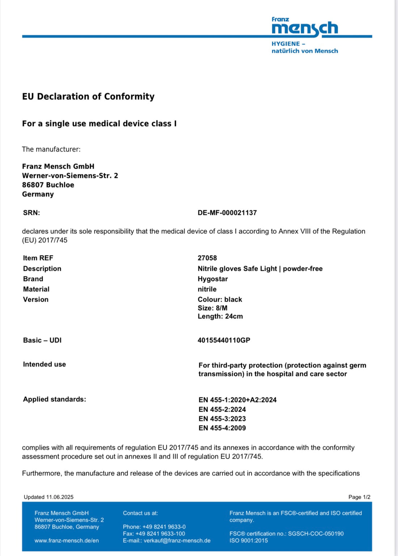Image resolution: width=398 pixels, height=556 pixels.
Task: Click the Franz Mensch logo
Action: (305, 27)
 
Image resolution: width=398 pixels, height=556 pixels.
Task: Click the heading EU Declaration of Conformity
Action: (88, 97)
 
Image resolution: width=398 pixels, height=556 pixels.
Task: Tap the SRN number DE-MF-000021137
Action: (227, 213)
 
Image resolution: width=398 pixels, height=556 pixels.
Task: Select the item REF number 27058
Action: (207, 258)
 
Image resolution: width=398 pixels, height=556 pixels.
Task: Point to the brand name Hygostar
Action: (213, 279)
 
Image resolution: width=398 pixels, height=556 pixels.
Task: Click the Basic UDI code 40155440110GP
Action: (224, 340)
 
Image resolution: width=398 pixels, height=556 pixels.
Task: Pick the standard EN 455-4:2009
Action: (222, 428)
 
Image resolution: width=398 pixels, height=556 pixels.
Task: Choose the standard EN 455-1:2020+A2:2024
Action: (237, 400)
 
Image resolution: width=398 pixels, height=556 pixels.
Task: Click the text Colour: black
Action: (220, 300)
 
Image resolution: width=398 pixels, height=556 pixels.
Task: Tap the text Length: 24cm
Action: (220, 316)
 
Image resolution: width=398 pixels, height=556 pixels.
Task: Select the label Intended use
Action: (45, 364)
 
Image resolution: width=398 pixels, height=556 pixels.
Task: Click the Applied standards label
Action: (55, 399)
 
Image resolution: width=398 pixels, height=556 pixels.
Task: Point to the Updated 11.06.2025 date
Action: (48, 497)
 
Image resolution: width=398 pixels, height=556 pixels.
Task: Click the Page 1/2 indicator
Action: (359, 497)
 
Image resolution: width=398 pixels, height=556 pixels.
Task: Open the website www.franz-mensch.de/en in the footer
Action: (67, 540)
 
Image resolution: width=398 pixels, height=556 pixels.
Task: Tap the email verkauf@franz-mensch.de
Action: (177, 540)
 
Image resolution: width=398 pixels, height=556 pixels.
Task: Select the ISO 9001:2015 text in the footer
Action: (249, 540)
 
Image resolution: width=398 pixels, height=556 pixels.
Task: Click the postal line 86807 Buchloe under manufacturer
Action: (48, 185)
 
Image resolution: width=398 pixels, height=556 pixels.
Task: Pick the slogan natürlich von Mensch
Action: (305, 51)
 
